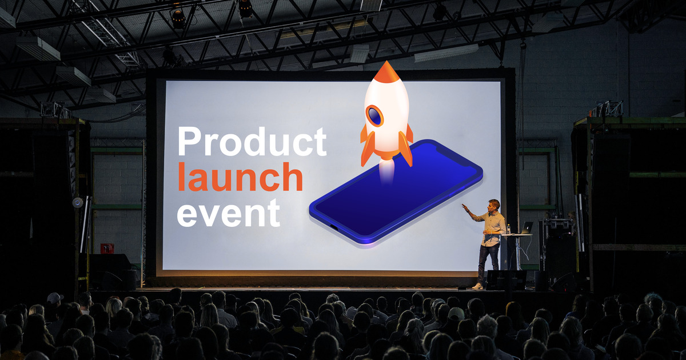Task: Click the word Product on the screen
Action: click(252, 142)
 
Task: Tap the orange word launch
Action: click(240, 177)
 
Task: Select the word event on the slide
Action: click(229, 213)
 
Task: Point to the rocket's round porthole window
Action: click(374, 116)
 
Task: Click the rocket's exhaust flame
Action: click(386, 171)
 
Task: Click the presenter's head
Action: click(494, 205)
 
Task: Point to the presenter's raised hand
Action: click(465, 207)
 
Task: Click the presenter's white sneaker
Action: click(477, 286)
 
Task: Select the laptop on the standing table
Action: click(525, 229)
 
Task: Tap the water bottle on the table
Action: click(508, 229)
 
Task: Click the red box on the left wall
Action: click(107, 248)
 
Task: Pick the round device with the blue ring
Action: click(78, 203)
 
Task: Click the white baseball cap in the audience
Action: click(55, 298)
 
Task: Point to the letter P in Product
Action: click(188, 142)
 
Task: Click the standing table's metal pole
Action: click(517, 253)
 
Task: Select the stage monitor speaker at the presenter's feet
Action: click(506, 280)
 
